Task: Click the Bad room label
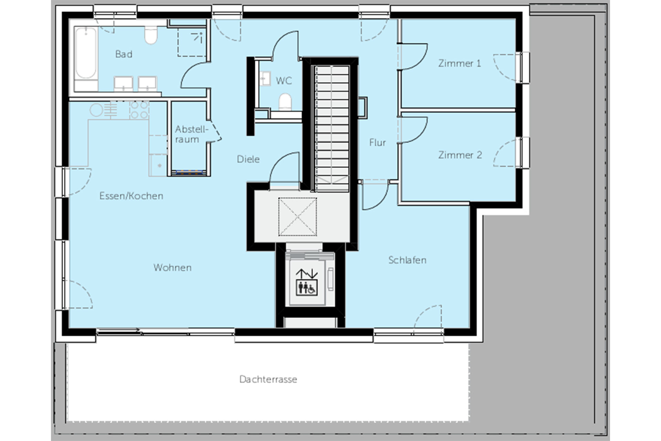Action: [124, 54]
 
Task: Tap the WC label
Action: [284, 81]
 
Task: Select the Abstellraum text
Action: [192, 134]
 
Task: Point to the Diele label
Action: [248, 159]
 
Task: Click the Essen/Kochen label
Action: [131, 196]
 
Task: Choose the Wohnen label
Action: [172, 267]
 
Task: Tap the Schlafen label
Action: [407, 260]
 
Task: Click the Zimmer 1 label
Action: [459, 63]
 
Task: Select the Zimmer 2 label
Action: [460, 155]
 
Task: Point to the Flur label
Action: [377, 142]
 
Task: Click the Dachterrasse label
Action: [268, 379]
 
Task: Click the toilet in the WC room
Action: [285, 102]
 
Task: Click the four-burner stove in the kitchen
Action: [139, 110]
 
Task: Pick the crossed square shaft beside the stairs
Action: [297, 217]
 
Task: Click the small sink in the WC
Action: [265, 78]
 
